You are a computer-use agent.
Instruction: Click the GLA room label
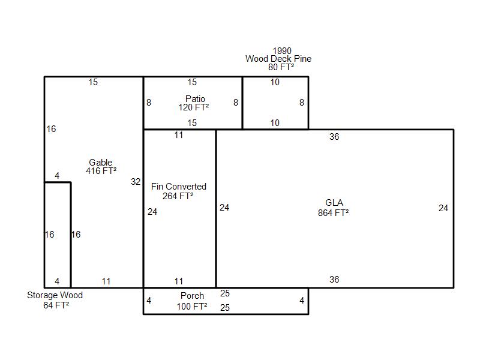click(x=334, y=203)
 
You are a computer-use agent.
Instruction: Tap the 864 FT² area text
click(x=334, y=212)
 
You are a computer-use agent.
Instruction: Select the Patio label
click(x=195, y=99)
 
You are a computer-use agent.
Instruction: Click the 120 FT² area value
click(x=194, y=108)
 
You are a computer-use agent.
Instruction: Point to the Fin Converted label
click(x=179, y=187)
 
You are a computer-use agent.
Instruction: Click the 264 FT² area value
click(x=178, y=196)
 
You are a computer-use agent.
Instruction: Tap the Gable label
click(x=101, y=163)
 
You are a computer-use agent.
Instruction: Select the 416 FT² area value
click(x=101, y=171)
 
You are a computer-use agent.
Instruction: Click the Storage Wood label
click(x=55, y=295)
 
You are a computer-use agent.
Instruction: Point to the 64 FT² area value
click(x=56, y=305)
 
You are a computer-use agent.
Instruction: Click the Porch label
click(x=192, y=296)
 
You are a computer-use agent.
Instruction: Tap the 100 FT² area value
click(x=192, y=306)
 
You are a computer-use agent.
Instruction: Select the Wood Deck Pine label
click(x=278, y=59)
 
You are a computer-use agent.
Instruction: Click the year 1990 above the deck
click(x=282, y=51)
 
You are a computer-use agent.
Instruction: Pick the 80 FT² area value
click(x=281, y=67)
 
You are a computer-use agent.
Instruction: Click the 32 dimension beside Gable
click(x=136, y=182)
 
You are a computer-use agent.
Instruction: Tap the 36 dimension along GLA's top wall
click(x=334, y=137)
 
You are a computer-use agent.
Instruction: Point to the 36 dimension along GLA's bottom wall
click(x=334, y=280)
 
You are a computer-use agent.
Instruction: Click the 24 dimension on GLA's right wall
click(x=443, y=208)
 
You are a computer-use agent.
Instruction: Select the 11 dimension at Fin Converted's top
click(x=179, y=135)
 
